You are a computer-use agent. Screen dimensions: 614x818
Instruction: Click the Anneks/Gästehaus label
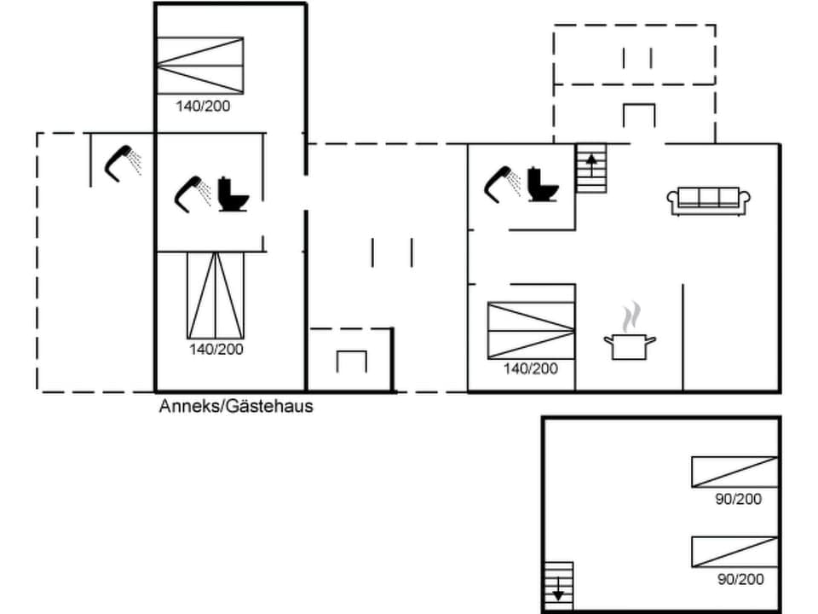point(236,406)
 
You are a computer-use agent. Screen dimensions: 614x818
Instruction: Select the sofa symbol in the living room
point(709,200)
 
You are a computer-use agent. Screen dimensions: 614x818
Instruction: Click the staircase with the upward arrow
point(591,168)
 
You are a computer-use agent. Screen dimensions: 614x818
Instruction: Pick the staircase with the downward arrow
point(558,586)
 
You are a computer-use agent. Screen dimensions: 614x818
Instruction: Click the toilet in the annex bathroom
point(233,194)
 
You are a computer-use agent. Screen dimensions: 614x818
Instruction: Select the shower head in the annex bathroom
point(191,192)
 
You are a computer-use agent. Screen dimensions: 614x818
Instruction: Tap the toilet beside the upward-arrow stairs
point(542,184)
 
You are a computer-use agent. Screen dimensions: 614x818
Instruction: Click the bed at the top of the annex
point(200,65)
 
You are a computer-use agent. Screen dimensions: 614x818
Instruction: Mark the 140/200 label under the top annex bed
point(204,107)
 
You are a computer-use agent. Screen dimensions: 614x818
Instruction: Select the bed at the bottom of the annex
point(216,295)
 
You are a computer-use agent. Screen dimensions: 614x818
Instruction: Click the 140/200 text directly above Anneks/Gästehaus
point(216,349)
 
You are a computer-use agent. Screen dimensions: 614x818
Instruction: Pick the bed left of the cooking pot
point(531,330)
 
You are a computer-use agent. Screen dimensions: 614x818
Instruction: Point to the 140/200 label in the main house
point(531,368)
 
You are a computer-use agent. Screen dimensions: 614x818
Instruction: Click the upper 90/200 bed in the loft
point(734,472)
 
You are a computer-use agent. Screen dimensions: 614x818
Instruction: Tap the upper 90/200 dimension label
point(739,499)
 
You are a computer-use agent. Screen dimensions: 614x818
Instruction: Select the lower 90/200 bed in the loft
point(734,551)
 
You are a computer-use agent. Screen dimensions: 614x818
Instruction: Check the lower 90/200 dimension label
point(740,579)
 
